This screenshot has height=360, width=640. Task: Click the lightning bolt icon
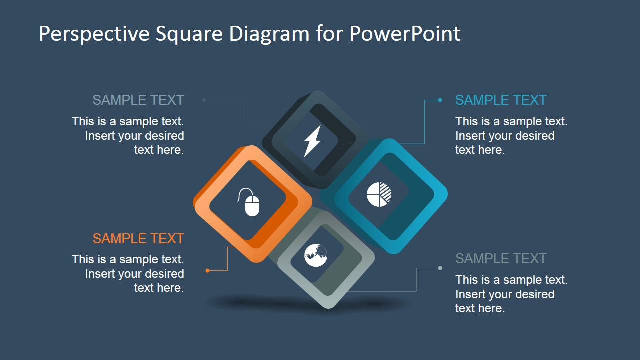point(313,141)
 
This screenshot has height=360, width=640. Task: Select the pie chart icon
point(379,194)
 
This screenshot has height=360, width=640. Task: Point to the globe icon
point(316,255)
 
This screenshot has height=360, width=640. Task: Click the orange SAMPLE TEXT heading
point(138,239)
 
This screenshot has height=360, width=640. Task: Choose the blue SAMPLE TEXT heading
point(501,100)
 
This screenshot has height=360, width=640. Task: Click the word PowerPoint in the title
point(405,34)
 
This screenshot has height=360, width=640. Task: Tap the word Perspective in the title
point(94,34)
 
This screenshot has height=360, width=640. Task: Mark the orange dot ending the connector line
point(208,271)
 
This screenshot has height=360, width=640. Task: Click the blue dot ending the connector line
point(440,100)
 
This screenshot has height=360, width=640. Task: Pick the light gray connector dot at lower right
point(440,268)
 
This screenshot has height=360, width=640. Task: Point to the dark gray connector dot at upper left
point(204,100)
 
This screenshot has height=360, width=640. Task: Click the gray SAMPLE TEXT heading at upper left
point(138,100)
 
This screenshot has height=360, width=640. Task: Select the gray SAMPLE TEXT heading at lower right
point(501,259)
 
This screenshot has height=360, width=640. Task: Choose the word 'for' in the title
point(329,34)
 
